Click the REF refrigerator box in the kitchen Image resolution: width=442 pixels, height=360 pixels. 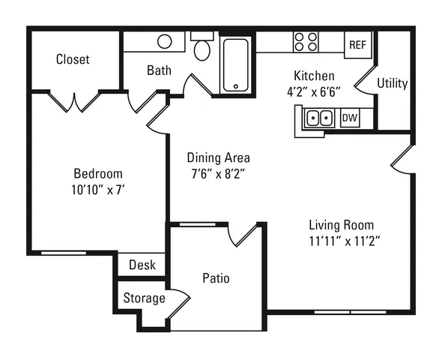358,45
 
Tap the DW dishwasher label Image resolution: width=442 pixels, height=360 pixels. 350,118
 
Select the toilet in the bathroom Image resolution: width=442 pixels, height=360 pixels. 202,46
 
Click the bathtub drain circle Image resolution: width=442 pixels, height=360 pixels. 236,86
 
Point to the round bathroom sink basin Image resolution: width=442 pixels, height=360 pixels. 165,41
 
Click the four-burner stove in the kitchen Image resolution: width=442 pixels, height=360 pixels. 306,42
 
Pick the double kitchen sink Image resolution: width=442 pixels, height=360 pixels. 319,118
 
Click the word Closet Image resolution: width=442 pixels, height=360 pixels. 73,59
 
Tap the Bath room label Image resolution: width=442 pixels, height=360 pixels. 159,70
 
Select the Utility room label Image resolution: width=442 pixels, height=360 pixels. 393,83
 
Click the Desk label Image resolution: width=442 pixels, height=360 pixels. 142,265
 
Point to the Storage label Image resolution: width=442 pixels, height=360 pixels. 144,298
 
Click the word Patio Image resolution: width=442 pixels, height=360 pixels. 216,278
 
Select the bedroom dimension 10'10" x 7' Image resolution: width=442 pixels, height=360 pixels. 98,190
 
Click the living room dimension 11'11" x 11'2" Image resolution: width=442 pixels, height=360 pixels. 345,241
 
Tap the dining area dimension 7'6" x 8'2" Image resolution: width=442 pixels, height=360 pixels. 218,174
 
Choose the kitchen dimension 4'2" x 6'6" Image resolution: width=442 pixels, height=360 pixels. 314,92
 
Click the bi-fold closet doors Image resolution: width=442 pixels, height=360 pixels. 74,102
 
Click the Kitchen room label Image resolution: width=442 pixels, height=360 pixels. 314,76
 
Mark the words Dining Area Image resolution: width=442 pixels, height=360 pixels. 219,157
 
